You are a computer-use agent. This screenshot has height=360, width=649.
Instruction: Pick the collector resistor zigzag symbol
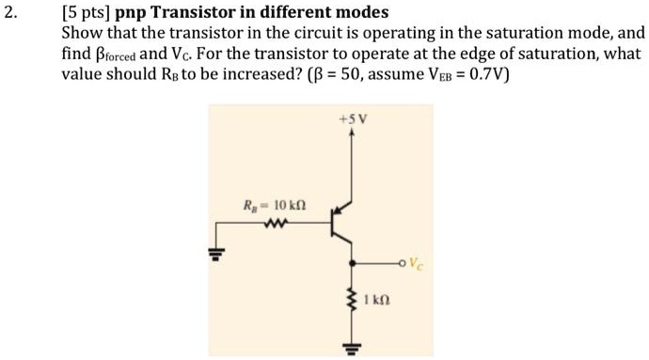tap(353, 299)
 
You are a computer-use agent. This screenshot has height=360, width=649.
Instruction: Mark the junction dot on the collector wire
tap(352, 263)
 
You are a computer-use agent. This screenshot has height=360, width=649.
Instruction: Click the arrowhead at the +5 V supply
tap(352, 133)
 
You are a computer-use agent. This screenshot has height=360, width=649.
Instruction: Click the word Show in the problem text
tap(82, 33)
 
